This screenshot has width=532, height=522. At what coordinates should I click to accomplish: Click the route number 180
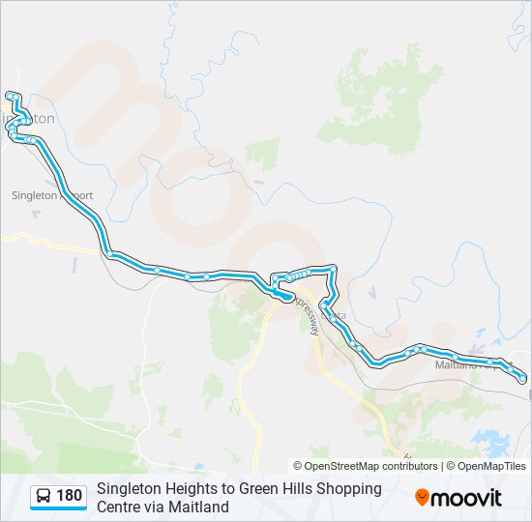point(70,497)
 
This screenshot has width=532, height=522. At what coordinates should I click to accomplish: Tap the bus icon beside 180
point(44,497)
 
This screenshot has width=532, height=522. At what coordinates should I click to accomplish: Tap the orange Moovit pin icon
point(422,498)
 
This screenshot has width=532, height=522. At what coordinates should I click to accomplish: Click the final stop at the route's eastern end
point(523,379)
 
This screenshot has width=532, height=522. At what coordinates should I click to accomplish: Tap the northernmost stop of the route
point(11,96)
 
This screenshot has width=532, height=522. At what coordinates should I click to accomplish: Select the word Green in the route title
point(261,489)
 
